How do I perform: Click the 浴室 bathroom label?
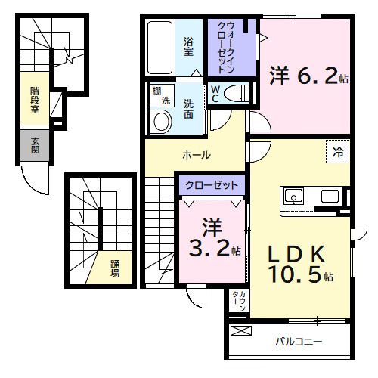188,46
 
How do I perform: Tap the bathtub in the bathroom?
160,47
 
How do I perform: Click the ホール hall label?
196,155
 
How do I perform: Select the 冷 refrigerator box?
338,150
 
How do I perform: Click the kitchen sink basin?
293,197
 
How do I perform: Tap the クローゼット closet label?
212,185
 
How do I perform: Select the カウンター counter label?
236,303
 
